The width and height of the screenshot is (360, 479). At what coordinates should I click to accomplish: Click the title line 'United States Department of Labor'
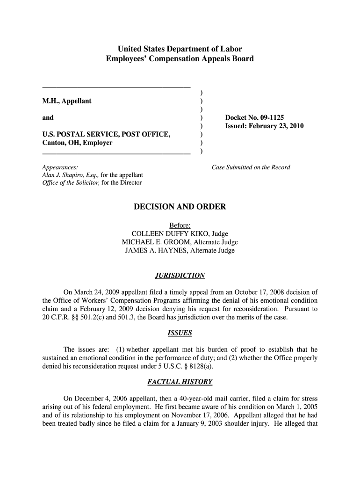[180, 49]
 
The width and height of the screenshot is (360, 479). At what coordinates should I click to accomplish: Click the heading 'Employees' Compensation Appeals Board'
[180, 59]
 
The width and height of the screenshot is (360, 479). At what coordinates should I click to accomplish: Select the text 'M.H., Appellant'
[67, 101]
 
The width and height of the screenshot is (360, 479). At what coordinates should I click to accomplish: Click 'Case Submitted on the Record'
[251, 167]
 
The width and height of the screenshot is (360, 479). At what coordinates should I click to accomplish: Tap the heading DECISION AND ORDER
[180, 207]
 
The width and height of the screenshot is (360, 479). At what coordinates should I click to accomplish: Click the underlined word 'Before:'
[180, 225]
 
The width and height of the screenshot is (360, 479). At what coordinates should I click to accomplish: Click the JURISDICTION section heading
[180, 276]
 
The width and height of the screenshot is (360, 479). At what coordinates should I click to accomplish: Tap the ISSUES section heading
[180, 334]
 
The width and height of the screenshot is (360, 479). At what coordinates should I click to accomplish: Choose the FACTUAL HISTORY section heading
[180, 382]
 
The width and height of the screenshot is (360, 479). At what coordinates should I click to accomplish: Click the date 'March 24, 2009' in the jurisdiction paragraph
[96, 292]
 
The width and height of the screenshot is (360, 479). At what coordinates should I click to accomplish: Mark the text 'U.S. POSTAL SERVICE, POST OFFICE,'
[106, 135]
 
